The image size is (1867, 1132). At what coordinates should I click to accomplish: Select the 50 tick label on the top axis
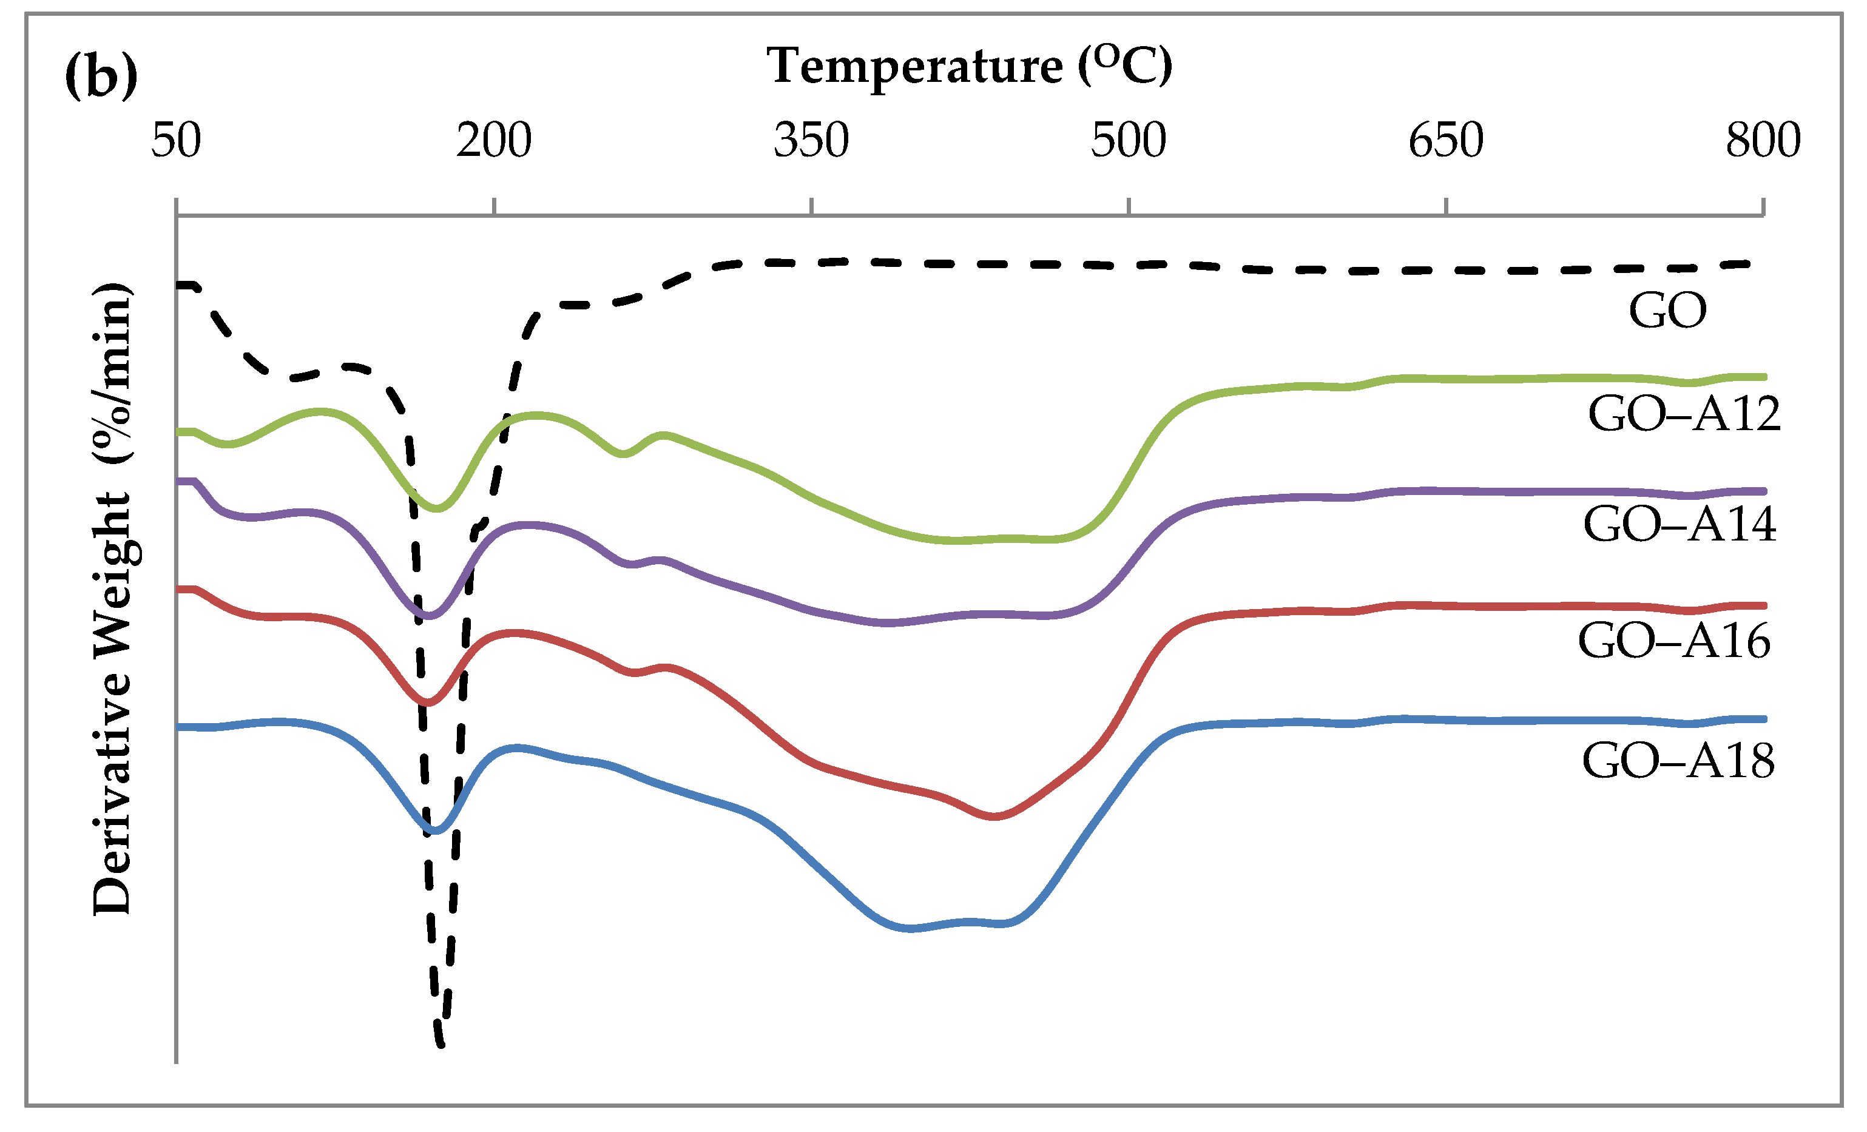click(177, 140)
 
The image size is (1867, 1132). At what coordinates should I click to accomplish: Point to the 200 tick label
click(494, 140)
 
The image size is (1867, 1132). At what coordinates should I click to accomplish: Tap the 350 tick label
click(811, 140)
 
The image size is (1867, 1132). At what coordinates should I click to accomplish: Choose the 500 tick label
click(1128, 140)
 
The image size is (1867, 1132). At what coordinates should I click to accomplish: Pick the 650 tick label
click(1446, 140)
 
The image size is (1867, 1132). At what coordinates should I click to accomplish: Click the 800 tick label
click(1763, 140)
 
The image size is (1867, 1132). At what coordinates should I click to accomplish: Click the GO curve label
click(1668, 310)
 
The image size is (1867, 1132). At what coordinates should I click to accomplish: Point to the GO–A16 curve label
click(1674, 641)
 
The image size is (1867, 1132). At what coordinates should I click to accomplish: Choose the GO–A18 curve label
click(1678, 761)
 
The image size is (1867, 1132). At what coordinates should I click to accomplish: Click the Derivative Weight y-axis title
click(112, 599)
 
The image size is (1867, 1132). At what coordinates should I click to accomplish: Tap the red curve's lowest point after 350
click(994, 817)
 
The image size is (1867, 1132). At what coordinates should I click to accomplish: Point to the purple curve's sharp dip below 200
click(430, 616)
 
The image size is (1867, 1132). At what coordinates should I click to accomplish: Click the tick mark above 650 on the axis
click(1446, 207)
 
